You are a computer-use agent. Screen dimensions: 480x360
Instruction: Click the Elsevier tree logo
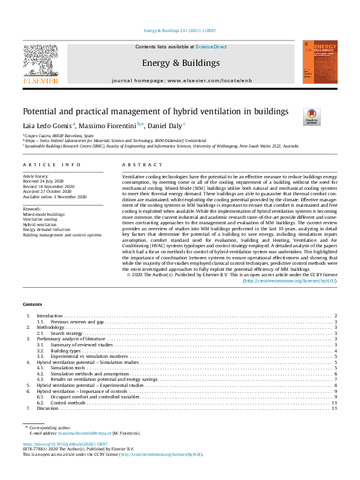pyautogui.click(x=41, y=62)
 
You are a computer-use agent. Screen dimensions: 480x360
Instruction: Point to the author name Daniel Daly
pyautogui.click(x=165, y=125)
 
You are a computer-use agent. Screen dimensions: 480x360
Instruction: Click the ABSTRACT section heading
pyautogui.click(x=142, y=164)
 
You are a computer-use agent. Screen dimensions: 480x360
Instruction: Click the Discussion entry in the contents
pyautogui.click(x=48, y=409)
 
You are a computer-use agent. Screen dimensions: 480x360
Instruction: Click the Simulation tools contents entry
pyautogui.click(x=67, y=368)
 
